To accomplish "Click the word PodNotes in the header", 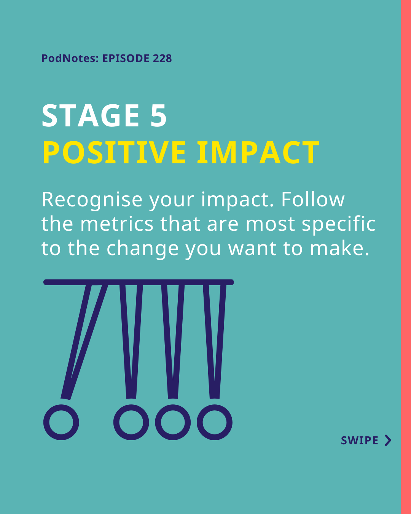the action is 70,58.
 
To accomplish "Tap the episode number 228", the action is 162,58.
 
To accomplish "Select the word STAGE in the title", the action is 91,116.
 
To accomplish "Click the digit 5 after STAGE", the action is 158,116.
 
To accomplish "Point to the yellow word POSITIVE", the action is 114,152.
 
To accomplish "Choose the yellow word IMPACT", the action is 258,152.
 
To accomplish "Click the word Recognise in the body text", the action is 92,200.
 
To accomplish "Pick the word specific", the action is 339,225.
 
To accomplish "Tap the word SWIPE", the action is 359,441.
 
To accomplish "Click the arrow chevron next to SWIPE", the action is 388,441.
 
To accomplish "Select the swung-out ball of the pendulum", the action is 61,423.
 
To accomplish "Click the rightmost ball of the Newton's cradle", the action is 215,423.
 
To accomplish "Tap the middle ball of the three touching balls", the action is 173,423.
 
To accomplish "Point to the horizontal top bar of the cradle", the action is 139,282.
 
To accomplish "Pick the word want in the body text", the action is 252,249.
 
